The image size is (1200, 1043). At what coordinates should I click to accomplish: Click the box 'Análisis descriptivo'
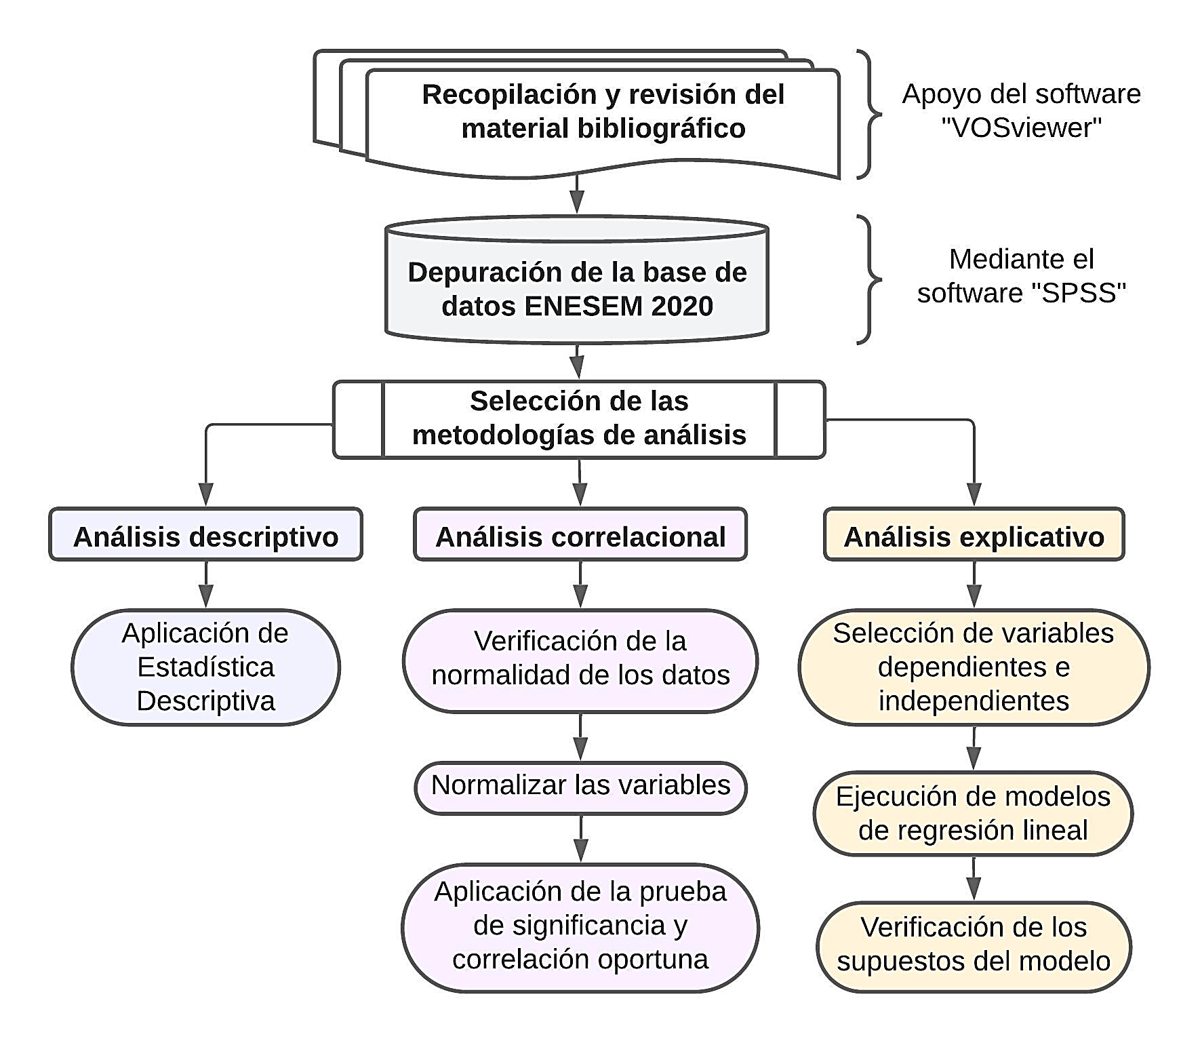pyautogui.click(x=205, y=536)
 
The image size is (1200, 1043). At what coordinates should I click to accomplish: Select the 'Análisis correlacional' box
pyautogui.click(x=580, y=536)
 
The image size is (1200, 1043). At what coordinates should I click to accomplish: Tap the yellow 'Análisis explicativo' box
pyautogui.click(x=974, y=536)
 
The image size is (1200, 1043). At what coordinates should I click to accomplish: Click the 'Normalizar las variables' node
pyautogui.click(x=580, y=786)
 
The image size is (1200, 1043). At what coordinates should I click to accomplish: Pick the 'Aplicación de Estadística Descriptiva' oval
pyautogui.click(x=205, y=667)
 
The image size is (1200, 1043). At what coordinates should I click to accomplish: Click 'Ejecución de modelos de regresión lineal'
pyautogui.click(x=973, y=813)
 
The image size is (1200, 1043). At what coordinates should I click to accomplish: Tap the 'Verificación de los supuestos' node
pyautogui.click(x=974, y=945)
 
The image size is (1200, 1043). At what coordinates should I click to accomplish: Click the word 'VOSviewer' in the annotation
pyautogui.click(x=1022, y=127)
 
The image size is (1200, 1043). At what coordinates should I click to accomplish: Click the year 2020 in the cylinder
pyautogui.click(x=681, y=307)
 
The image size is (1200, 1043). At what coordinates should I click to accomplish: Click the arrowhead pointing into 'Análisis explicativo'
pyautogui.click(x=974, y=494)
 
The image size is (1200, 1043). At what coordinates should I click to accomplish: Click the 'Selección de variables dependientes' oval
pyautogui.click(x=974, y=667)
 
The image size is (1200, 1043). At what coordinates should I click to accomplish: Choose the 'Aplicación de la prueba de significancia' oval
pyautogui.click(x=580, y=926)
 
